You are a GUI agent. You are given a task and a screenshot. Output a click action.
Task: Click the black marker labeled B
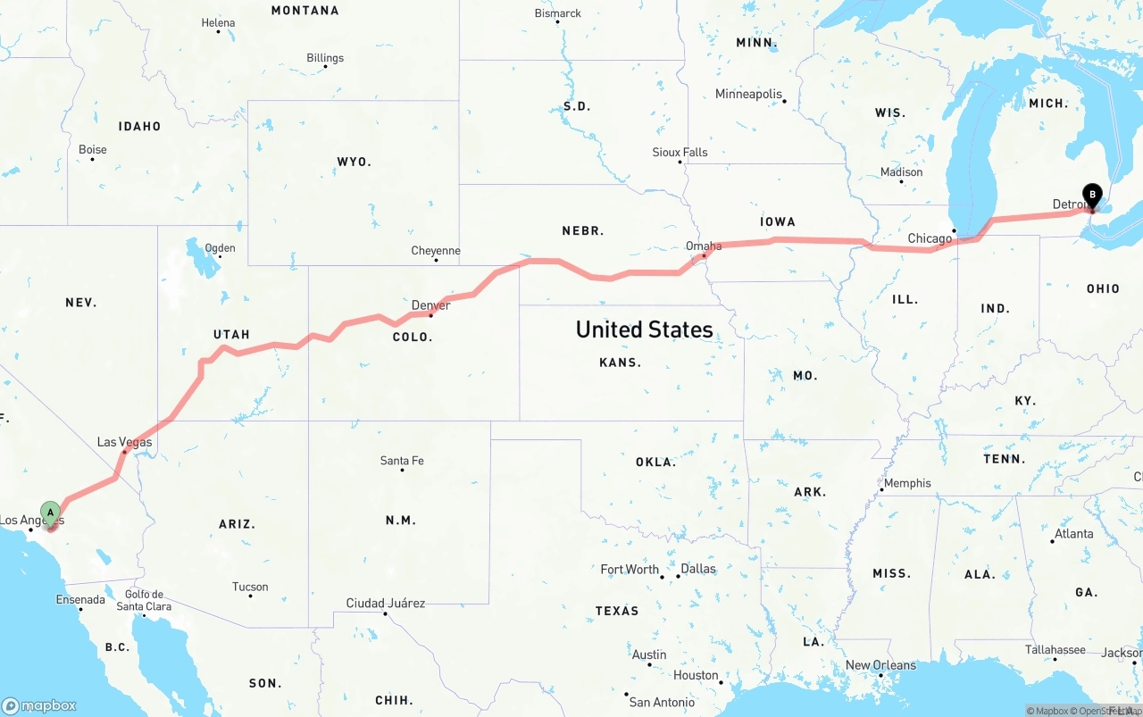tap(1091, 195)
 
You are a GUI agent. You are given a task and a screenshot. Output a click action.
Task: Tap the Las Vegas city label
tap(124, 442)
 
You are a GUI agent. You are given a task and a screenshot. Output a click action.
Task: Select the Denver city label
tap(430, 305)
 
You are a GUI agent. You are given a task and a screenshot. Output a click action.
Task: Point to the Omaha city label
tap(704, 246)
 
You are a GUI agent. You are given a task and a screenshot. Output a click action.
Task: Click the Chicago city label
tap(930, 238)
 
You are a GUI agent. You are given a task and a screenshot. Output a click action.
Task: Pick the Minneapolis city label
tap(748, 94)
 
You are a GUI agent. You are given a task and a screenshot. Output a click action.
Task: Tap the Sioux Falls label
tap(680, 153)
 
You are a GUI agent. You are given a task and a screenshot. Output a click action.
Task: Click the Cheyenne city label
tap(436, 251)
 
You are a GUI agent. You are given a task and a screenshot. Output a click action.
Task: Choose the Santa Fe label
tap(402, 461)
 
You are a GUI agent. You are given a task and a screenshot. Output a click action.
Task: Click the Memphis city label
tap(907, 483)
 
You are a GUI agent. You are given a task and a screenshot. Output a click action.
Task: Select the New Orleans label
tap(880, 665)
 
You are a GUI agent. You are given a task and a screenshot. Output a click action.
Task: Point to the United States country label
tap(644, 329)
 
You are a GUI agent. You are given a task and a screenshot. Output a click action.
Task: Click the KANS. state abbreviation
tap(620, 363)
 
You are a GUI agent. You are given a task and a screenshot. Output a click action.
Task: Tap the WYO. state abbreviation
tap(354, 162)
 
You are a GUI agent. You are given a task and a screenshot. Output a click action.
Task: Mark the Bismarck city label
tap(557, 13)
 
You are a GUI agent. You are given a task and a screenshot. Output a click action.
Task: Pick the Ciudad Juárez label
tap(386, 603)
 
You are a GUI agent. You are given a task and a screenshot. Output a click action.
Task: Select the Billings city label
tap(325, 58)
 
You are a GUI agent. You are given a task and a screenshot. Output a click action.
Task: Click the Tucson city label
tap(250, 587)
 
